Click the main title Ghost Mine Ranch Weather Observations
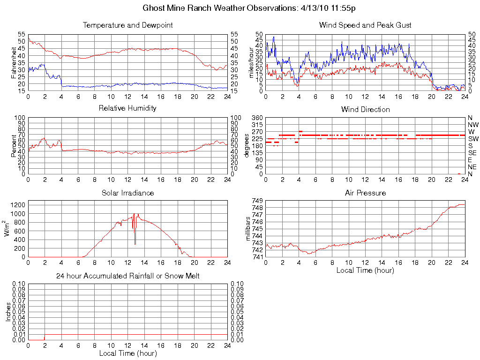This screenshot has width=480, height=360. [248, 8]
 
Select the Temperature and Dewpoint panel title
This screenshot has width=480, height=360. [127, 25]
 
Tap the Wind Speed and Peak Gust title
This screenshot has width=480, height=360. [365, 25]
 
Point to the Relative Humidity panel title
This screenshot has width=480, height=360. [127, 108]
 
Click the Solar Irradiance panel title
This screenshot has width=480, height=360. [127, 193]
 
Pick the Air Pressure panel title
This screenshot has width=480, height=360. [365, 193]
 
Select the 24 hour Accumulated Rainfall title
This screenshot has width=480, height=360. [127, 276]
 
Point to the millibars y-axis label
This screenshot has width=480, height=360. [249, 229]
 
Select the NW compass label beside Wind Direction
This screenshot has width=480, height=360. [473, 125]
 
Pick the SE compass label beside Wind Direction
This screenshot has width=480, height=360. [472, 153]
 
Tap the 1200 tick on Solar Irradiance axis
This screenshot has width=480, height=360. [19, 204]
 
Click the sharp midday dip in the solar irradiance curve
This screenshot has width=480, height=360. [135, 243]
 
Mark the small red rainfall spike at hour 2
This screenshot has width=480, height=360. [45, 337]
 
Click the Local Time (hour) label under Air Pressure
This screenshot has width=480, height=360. [365, 270]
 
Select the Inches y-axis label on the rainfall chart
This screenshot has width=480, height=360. [8, 312]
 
